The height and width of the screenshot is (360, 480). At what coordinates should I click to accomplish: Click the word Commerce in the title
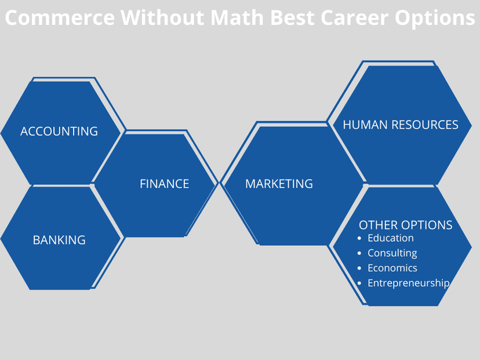pyautogui.click(x=60, y=17)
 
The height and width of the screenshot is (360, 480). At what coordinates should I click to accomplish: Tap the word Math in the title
pyautogui.click(x=237, y=17)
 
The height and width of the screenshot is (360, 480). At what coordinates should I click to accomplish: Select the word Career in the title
pyautogui.click(x=355, y=18)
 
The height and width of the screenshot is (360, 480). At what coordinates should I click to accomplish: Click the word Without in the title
pyautogui.click(x=162, y=17)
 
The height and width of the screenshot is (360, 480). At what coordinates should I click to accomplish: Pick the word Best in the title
pyautogui.click(x=292, y=17)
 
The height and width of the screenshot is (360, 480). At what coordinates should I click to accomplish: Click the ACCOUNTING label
pyautogui.click(x=59, y=132)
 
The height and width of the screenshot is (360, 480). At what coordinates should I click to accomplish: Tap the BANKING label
pyautogui.click(x=59, y=240)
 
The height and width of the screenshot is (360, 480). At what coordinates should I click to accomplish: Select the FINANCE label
pyautogui.click(x=165, y=184)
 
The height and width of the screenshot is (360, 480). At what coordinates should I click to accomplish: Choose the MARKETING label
pyautogui.click(x=279, y=184)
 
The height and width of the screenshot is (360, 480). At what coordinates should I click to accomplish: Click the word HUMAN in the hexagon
pyautogui.click(x=365, y=125)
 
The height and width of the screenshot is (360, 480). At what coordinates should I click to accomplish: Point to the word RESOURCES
pyautogui.click(x=425, y=125)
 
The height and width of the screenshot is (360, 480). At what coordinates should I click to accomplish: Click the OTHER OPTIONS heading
pyautogui.click(x=406, y=225)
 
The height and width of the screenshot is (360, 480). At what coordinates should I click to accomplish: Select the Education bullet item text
pyautogui.click(x=391, y=238)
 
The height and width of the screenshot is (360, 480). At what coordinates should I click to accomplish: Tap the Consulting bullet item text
pyautogui.click(x=392, y=253)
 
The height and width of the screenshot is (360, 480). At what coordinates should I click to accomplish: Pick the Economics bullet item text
pyautogui.click(x=392, y=268)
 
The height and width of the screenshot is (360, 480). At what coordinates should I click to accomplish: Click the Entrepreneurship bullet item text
pyautogui.click(x=408, y=283)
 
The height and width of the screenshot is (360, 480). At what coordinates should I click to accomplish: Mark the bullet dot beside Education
pyautogui.click(x=359, y=238)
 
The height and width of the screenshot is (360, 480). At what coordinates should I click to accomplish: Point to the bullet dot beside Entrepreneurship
pyautogui.click(x=359, y=283)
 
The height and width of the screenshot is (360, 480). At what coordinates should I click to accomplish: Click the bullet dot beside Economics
pyautogui.click(x=359, y=268)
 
